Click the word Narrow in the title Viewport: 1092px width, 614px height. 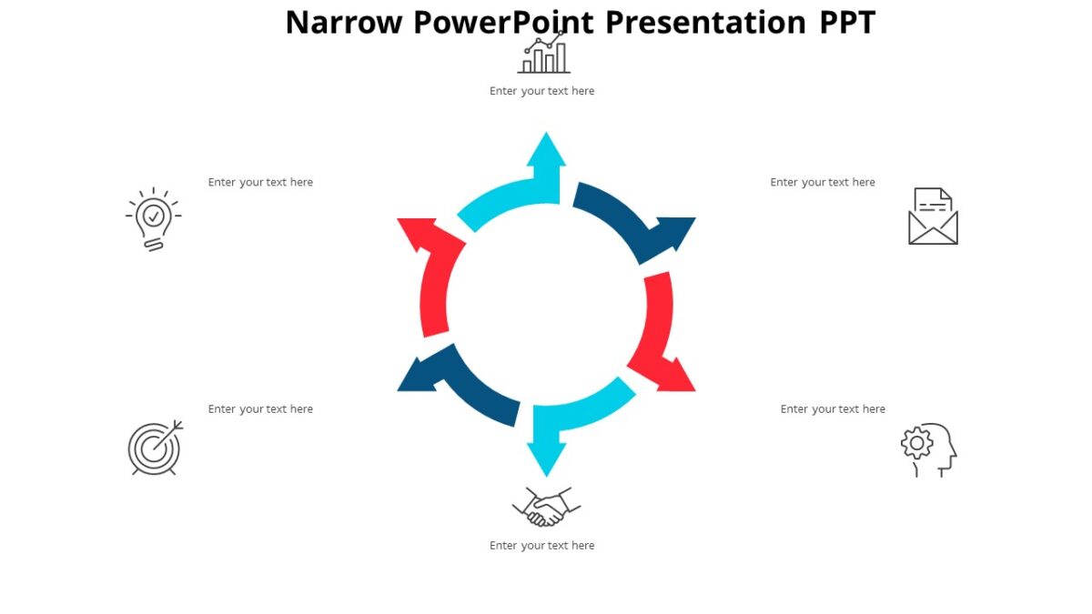pyautogui.click(x=343, y=22)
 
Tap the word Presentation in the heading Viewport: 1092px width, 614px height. pyautogui.click(x=705, y=22)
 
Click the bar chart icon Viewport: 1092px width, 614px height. pyautogui.click(x=543, y=54)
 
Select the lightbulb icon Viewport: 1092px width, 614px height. pyautogui.click(x=153, y=219)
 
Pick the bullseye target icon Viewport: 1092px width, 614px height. pyautogui.click(x=155, y=448)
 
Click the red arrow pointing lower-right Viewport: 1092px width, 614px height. pyautogui.click(x=660, y=337)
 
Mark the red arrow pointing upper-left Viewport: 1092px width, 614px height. pyautogui.click(x=432, y=273)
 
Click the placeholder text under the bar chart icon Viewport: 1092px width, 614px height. pyautogui.click(x=541, y=91)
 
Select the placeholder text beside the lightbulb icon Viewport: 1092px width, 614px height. pyautogui.click(x=260, y=182)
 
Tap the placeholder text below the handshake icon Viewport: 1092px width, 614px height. pyautogui.click(x=541, y=546)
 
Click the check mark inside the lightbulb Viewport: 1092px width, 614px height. pyautogui.click(x=154, y=216)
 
